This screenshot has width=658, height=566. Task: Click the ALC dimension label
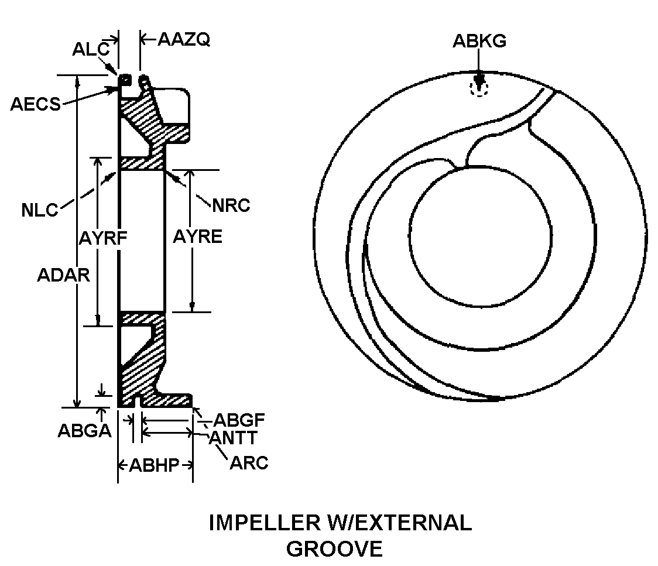[x=91, y=50]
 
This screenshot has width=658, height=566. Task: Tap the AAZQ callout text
[x=184, y=39]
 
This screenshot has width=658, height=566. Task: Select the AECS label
[x=36, y=104]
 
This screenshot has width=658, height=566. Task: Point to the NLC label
[x=40, y=210]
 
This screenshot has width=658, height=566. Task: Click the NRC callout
[x=231, y=205]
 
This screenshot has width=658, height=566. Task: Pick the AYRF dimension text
[x=103, y=238]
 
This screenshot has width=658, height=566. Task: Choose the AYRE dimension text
[x=198, y=236]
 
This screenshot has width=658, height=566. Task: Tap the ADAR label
[x=64, y=275]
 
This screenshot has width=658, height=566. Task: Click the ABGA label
[x=85, y=430]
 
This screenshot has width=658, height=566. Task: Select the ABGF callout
[x=239, y=420]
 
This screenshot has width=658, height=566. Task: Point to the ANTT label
[x=234, y=438]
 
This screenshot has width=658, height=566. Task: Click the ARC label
[x=249, y=463]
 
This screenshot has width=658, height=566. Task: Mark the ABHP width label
[x=155, y=465]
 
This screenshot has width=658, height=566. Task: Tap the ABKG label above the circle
[x=479, y=41]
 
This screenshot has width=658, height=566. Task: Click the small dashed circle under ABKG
[x=479, y=88]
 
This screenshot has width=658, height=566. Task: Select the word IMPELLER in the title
[x=265, y=522]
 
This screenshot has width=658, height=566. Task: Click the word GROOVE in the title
[x=334, y=548]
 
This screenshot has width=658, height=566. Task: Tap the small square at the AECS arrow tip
[x=125, y=80]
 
